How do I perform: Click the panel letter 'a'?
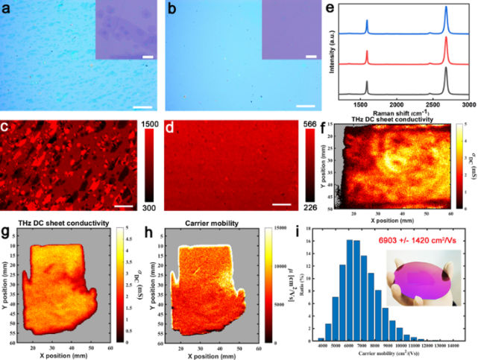(6, 9)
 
